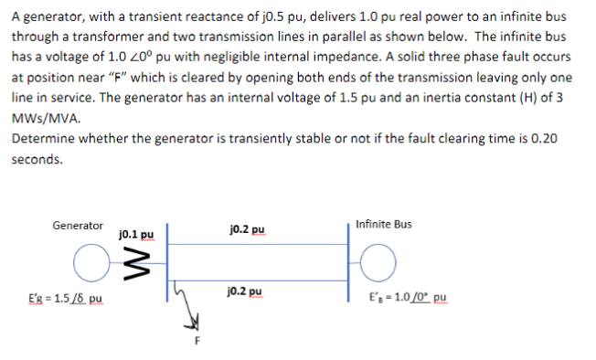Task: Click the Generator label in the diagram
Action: point(78,225)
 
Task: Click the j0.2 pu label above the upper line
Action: point(249,229)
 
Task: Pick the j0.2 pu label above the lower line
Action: point(249,292)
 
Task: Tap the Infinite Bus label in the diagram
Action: point(384,224)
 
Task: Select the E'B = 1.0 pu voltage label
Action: point(408,298)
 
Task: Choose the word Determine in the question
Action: point(40,138)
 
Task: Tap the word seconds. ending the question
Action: point(37,158)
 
